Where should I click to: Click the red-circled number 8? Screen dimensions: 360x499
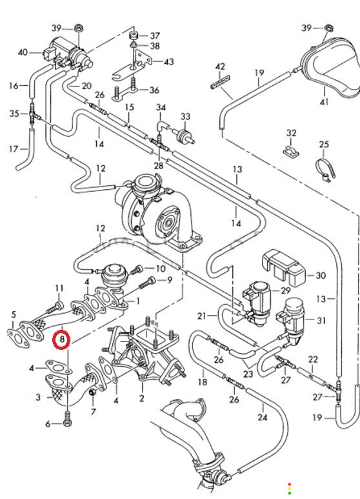click(x=62, y=340)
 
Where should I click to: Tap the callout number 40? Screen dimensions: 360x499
click(x=23, y=52)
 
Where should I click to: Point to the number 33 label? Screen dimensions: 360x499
click(x=185, y=116)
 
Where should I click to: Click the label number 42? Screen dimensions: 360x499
click(x=220, y=66)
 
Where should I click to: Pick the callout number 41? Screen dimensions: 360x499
click(x=325, y=102)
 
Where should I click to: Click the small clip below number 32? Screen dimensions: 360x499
click(x=291, y=152)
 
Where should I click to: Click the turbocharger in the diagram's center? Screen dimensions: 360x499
click(x=156, y=210)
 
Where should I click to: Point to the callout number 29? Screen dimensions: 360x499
click(x=285, y=290)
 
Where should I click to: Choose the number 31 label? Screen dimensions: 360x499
click(x=321, y=320)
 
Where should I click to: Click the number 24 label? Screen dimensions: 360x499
click(x=263, y=417)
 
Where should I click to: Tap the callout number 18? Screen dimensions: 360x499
click(x=203, y=382)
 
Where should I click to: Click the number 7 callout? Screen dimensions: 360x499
click(x=93, y=412)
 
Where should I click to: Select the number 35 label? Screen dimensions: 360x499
click(x=14, y=114)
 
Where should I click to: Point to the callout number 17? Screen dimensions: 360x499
click(x=14, y=148)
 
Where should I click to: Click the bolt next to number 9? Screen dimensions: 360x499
click(x=148, y=284)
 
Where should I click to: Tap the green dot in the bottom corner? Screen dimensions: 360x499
click(x=289, y=493)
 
